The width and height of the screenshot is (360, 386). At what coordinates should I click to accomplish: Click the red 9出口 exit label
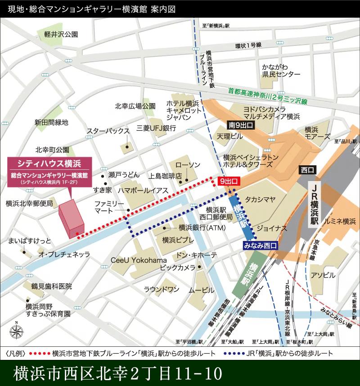coord(229,181)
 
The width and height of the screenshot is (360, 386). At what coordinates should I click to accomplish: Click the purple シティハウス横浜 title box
coord(49,163)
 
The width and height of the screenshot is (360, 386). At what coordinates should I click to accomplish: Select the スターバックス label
coord(108,131)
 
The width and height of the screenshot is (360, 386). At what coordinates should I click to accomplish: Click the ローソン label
coord(187,165)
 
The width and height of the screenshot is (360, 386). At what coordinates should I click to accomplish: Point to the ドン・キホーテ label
coord(197,255)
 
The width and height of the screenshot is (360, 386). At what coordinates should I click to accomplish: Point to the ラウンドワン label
coord(162,289)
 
